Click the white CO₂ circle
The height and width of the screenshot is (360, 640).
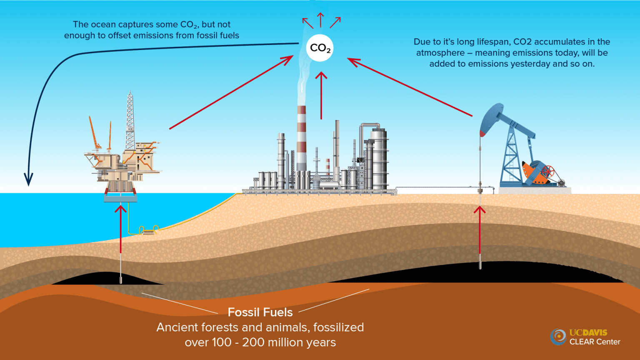tap(320, 48)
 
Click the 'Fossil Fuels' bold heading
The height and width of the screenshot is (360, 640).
tap(260, 312)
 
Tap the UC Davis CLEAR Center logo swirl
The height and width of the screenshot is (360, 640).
tap(558, 337)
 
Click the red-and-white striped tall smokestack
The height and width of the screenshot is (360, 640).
tap(301, 139)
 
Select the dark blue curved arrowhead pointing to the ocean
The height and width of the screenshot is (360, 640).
tap(29, 180)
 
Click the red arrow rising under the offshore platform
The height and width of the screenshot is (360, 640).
tap(120, 229)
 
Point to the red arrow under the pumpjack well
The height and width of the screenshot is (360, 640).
tap(480, 230)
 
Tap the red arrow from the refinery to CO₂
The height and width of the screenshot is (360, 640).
tap(322, 95)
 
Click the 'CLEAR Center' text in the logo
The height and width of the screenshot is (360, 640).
tap(595, 342)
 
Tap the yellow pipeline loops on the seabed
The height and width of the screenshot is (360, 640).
tap(149, 230)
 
